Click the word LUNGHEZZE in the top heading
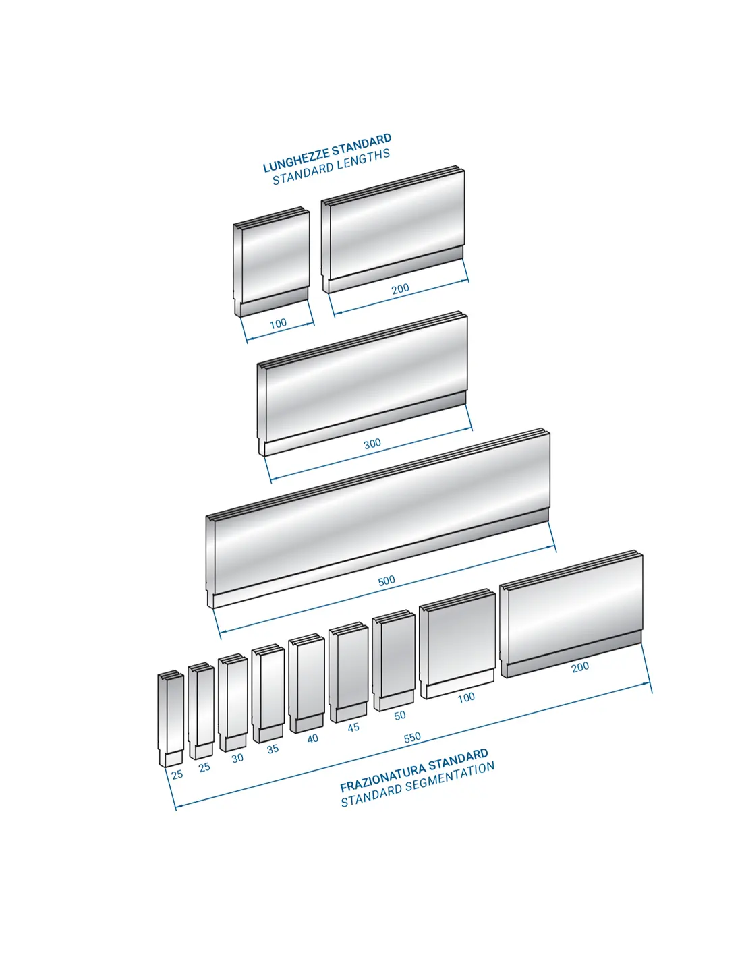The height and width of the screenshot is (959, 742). coord(295,161)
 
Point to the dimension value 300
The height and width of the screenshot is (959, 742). coord(372,444)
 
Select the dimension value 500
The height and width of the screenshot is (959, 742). coord(387,581)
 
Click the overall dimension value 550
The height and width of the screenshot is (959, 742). coord(412,738)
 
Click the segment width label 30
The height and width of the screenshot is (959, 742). coord(237,758)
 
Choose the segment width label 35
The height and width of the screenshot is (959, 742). coord(273,749)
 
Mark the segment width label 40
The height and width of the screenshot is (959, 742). coord(312,738)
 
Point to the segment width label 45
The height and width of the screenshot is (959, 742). coord(353,727)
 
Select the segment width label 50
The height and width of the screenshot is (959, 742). coord(400,716)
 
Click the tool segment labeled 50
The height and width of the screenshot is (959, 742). coord(393,660)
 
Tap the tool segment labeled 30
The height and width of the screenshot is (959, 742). coord(233,702)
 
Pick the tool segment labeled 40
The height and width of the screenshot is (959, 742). coord(306,683)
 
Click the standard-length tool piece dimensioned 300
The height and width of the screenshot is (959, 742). coord(362,384)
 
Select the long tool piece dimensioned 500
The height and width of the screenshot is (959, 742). coord(378,518)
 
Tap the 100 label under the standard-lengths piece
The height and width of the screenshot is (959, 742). coord(278,324)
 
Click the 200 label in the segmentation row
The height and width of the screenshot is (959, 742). coord(580,667)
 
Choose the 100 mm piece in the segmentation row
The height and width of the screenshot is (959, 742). coord(457,644)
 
